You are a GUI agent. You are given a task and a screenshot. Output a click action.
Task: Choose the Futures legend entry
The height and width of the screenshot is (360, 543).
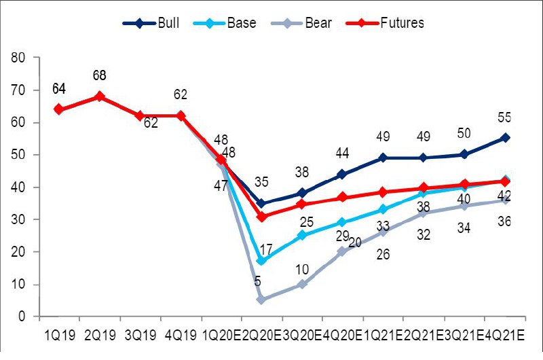pos(390,23)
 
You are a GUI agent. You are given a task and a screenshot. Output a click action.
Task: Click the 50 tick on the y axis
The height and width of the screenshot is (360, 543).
pos(19,155)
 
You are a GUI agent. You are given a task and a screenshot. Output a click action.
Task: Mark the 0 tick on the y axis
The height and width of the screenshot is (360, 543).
pos(22,317)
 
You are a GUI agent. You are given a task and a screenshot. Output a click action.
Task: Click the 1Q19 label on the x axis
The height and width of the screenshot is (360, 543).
pos(58,336)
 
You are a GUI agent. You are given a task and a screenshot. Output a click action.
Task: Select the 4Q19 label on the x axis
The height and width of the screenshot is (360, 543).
pos(180,336)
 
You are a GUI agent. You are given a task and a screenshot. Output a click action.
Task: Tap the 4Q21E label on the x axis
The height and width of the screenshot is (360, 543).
pos(505,336)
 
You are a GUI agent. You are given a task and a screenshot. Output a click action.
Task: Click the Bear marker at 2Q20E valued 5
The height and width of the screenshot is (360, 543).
pos(261,300)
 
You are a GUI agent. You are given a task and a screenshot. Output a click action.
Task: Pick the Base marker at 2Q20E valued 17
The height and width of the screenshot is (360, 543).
pos(261,261)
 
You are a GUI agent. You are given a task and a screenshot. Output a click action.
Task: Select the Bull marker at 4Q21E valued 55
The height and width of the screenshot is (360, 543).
pos(505,138)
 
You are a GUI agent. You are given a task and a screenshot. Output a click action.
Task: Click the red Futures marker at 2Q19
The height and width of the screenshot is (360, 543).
pos(100,96)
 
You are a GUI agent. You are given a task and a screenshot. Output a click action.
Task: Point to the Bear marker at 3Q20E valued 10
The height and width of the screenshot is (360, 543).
pos(302,284)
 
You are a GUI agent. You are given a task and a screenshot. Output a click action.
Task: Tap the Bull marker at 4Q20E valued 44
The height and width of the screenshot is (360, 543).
pos(342,174)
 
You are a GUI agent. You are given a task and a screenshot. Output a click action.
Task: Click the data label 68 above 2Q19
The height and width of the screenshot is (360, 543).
pos(100,75)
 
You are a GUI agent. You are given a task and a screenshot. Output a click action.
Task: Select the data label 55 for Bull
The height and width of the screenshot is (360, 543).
pos(504,118)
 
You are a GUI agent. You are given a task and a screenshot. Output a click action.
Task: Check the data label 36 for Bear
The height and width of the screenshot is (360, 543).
pos(504,221)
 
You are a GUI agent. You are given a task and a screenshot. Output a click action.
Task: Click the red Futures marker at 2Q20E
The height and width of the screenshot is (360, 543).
pos(261,217)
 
